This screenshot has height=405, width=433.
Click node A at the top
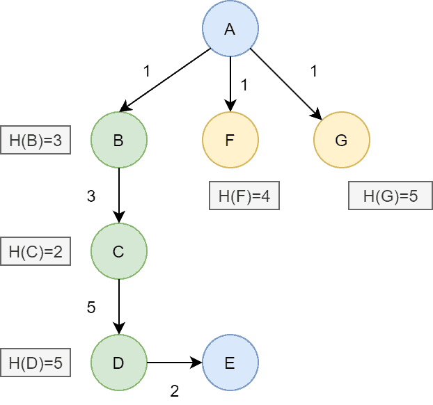[x=230, y=29]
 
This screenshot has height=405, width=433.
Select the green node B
[x=118, y=141]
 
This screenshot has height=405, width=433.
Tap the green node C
[x=118, y=252]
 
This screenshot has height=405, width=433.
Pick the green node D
[x=118, y=363]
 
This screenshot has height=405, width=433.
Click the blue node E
[x=230, y=363]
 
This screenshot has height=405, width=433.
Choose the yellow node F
[x=230, y=141]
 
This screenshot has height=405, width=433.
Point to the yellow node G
[x=341, y=141]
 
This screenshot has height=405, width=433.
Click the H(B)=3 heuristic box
[x=36, y=141]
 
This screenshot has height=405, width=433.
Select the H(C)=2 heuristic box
[x=36, y=252]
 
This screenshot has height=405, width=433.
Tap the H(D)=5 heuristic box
[x=36, y=363]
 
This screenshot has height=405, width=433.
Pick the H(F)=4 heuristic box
[x=244, y=196]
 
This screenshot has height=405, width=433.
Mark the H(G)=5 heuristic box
[x=390, y=196]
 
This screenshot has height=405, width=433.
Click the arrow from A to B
[x=165, y=80]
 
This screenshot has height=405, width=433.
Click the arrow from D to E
[x=174, y=363]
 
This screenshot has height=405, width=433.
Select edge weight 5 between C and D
[x=90, y=308]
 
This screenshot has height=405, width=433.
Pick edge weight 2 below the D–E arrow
[x=174, y=391]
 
